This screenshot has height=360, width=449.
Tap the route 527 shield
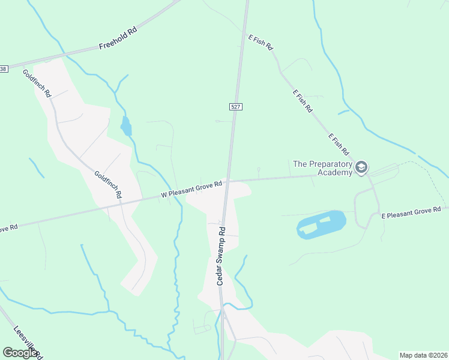[236, 106]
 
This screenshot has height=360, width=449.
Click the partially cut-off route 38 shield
[4, 69]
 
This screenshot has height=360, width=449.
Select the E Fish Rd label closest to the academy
[339, 145]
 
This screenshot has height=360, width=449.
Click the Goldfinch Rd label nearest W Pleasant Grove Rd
[109, 185]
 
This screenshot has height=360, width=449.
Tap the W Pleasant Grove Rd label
[192, 189]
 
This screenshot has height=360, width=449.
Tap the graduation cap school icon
[361, 167]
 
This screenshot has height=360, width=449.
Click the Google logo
[20, 352]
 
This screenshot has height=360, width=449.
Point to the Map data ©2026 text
[423, 355]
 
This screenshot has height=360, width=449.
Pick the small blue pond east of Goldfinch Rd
[126, 127]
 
